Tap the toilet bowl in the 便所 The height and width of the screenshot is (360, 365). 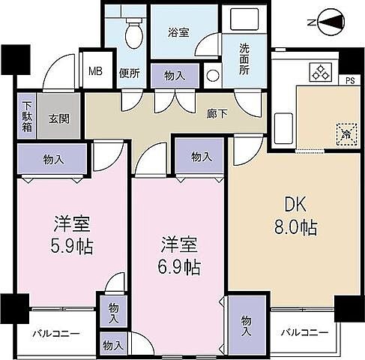point(134,31)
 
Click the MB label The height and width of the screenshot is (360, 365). point(96,72)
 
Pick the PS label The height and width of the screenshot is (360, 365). point(349,80)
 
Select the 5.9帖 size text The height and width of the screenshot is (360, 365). point(73,245)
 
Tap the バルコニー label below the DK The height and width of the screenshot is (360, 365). point(305,332)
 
